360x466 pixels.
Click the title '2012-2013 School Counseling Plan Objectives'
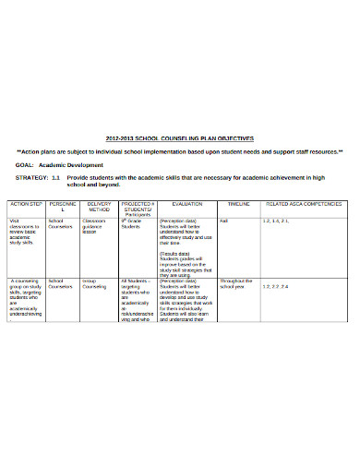pyautogui.click(x=180, y=137)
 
